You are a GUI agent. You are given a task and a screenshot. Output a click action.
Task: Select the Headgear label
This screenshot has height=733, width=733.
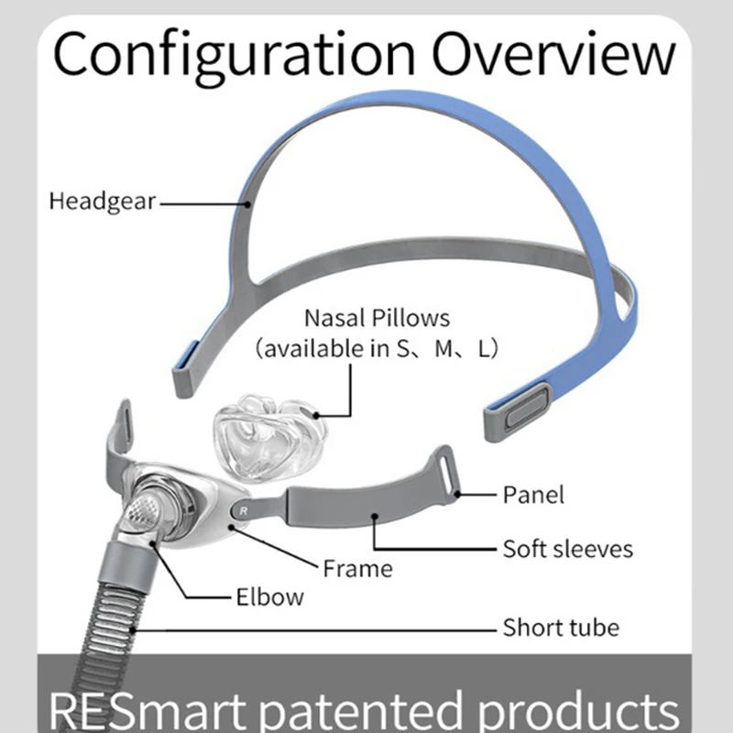(x=103, y=201)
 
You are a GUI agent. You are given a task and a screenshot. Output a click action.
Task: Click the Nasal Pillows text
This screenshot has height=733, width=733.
(x=377, y=319)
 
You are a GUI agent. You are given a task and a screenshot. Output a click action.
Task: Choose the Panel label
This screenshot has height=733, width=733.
(x=533, y=495)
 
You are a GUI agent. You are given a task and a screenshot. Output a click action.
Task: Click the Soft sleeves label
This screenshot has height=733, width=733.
(x=567, y=549)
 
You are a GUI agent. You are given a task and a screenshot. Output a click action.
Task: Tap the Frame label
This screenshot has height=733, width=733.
(x=357, y=568)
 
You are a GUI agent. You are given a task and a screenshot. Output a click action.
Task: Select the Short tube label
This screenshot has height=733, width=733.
(x=561, y=628)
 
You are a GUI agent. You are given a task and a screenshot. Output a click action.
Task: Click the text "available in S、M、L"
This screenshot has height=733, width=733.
(x=377, y=349)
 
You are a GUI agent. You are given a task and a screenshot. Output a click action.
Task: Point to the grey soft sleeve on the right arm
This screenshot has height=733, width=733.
(x=366, y=505)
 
